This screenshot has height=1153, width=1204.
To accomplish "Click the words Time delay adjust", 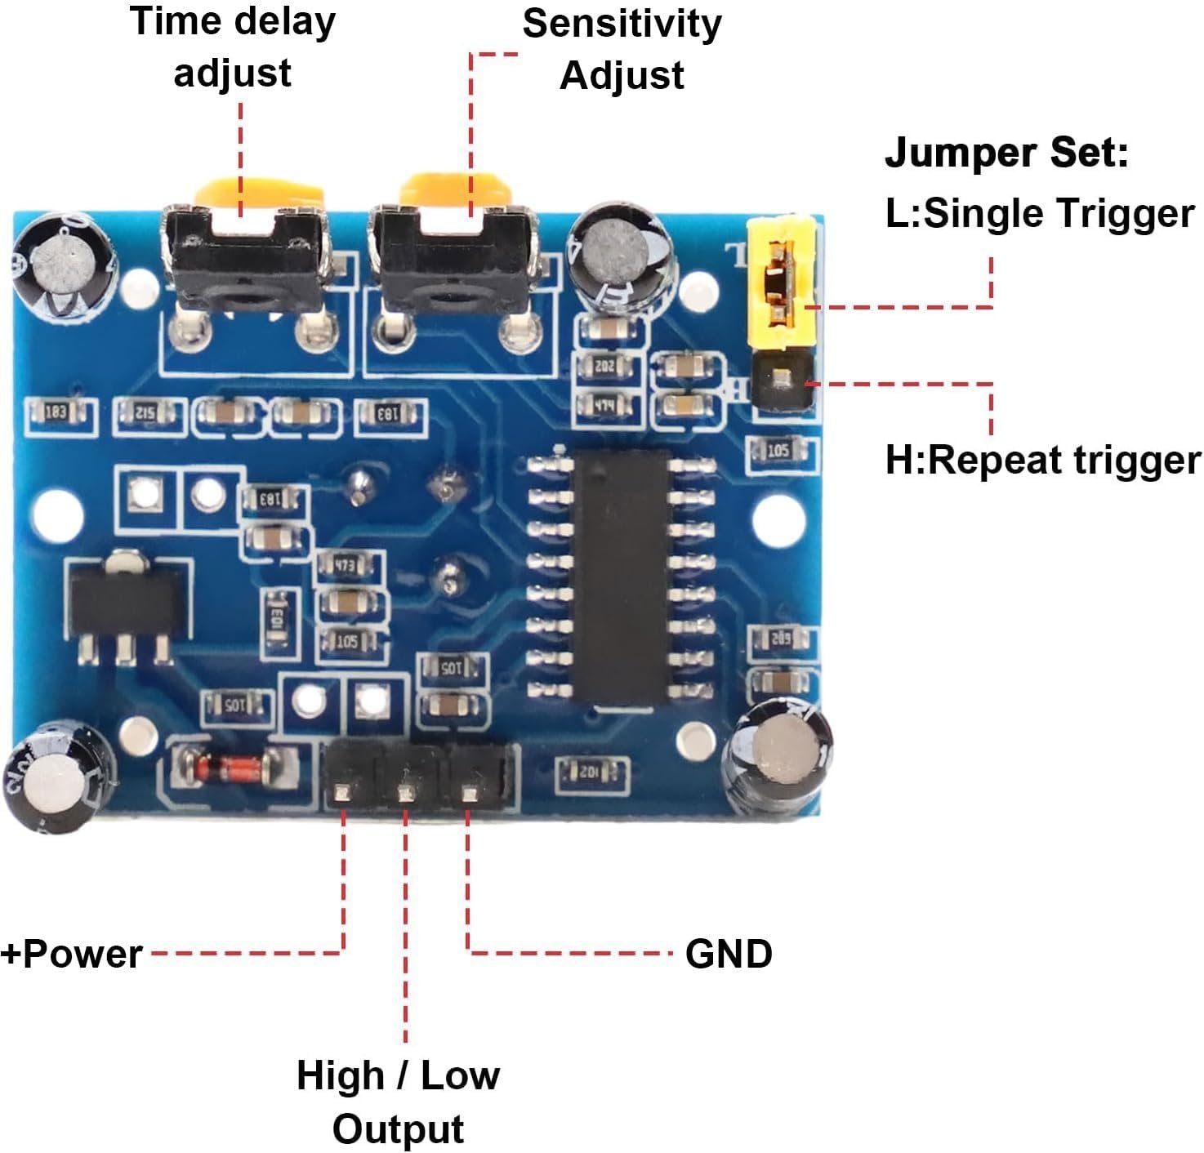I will (x=233, y=47).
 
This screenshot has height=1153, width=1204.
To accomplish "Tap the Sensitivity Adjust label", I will (x=622, y=49).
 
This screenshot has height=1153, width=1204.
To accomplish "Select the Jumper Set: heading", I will (x=1006, y=153).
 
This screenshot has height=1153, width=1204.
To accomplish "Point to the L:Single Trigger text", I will (x=1040, y=213).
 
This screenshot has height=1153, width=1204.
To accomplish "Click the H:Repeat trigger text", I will (x=1043, y=460).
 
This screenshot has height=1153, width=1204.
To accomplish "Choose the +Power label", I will (x=72, y=954).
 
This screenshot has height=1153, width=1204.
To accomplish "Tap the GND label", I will (x=729, y=954).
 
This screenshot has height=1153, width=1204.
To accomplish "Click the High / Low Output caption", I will (x=398, y=1102).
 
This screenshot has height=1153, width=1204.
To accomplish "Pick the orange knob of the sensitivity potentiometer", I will (x=454, y=193).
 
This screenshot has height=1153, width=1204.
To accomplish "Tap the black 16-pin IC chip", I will (x=622, y=576).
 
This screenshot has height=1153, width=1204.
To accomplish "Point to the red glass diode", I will (x=231, y=767).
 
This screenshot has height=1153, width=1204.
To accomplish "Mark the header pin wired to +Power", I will (x=343, y=792).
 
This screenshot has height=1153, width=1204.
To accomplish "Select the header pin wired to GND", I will (x=469, y=792).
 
